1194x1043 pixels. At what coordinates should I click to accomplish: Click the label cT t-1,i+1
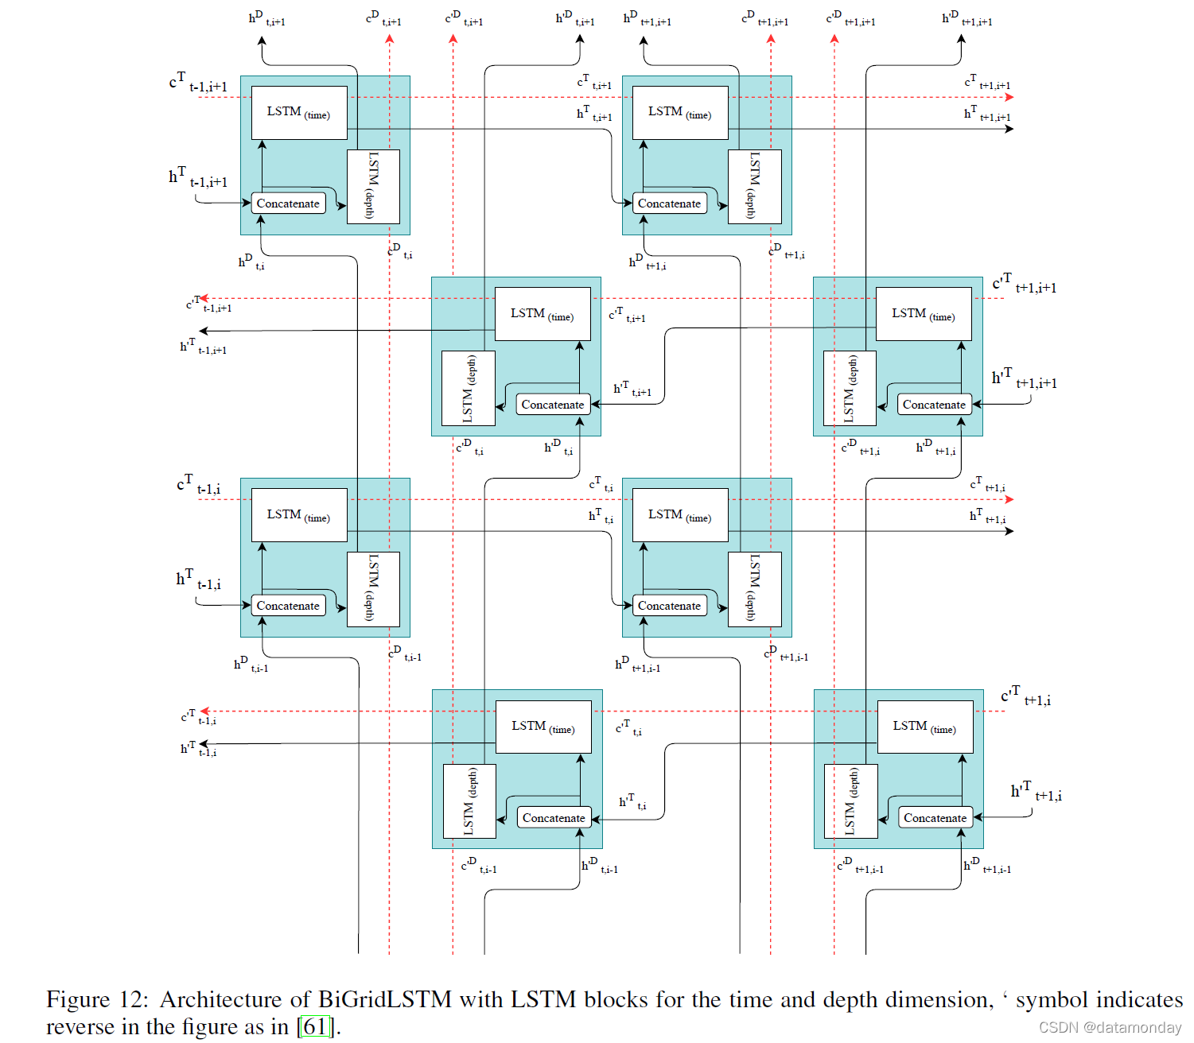[x=198, y=83]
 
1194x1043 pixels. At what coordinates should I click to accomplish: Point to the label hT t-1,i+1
[x=198, y=178]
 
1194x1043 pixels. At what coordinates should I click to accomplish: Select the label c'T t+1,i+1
[x=1025, y=284]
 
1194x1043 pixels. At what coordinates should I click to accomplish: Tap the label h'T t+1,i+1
[x=1025, y=379]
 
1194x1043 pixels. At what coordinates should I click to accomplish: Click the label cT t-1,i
[x=199, y=485]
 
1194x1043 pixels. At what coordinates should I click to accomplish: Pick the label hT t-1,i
[x=199, y=580]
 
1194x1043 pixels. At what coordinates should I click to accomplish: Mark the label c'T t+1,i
[x=1026, y=696]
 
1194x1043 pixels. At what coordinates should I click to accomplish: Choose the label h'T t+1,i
[x=1036, y=792]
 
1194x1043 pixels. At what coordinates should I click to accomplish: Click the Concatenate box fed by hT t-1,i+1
[x=288, y=204]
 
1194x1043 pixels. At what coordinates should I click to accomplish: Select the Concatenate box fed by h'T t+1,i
[x=935, y=818]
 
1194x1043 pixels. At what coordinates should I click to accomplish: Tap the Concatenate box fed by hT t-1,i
[x=288, y=606]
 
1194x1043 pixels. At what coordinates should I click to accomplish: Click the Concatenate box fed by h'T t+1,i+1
[x=935, y=405]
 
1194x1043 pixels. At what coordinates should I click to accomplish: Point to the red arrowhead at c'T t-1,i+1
[x=204, y=299]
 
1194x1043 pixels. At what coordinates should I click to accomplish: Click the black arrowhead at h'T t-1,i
[x=204, y=744]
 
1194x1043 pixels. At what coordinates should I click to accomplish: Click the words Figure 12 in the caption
[x=96, y=999]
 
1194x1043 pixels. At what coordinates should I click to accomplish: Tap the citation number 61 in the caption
[x=315, y=1027]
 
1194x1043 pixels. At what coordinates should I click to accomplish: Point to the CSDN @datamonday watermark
[x=1110, y=1027]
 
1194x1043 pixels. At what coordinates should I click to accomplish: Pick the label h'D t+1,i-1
[x=987, y=866]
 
